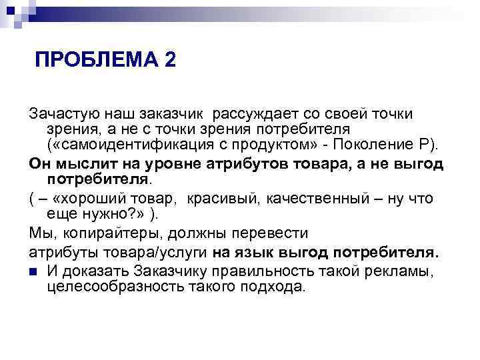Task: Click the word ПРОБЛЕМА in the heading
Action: click(x=96, y=61)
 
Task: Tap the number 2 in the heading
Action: click(x=169, y=61)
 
